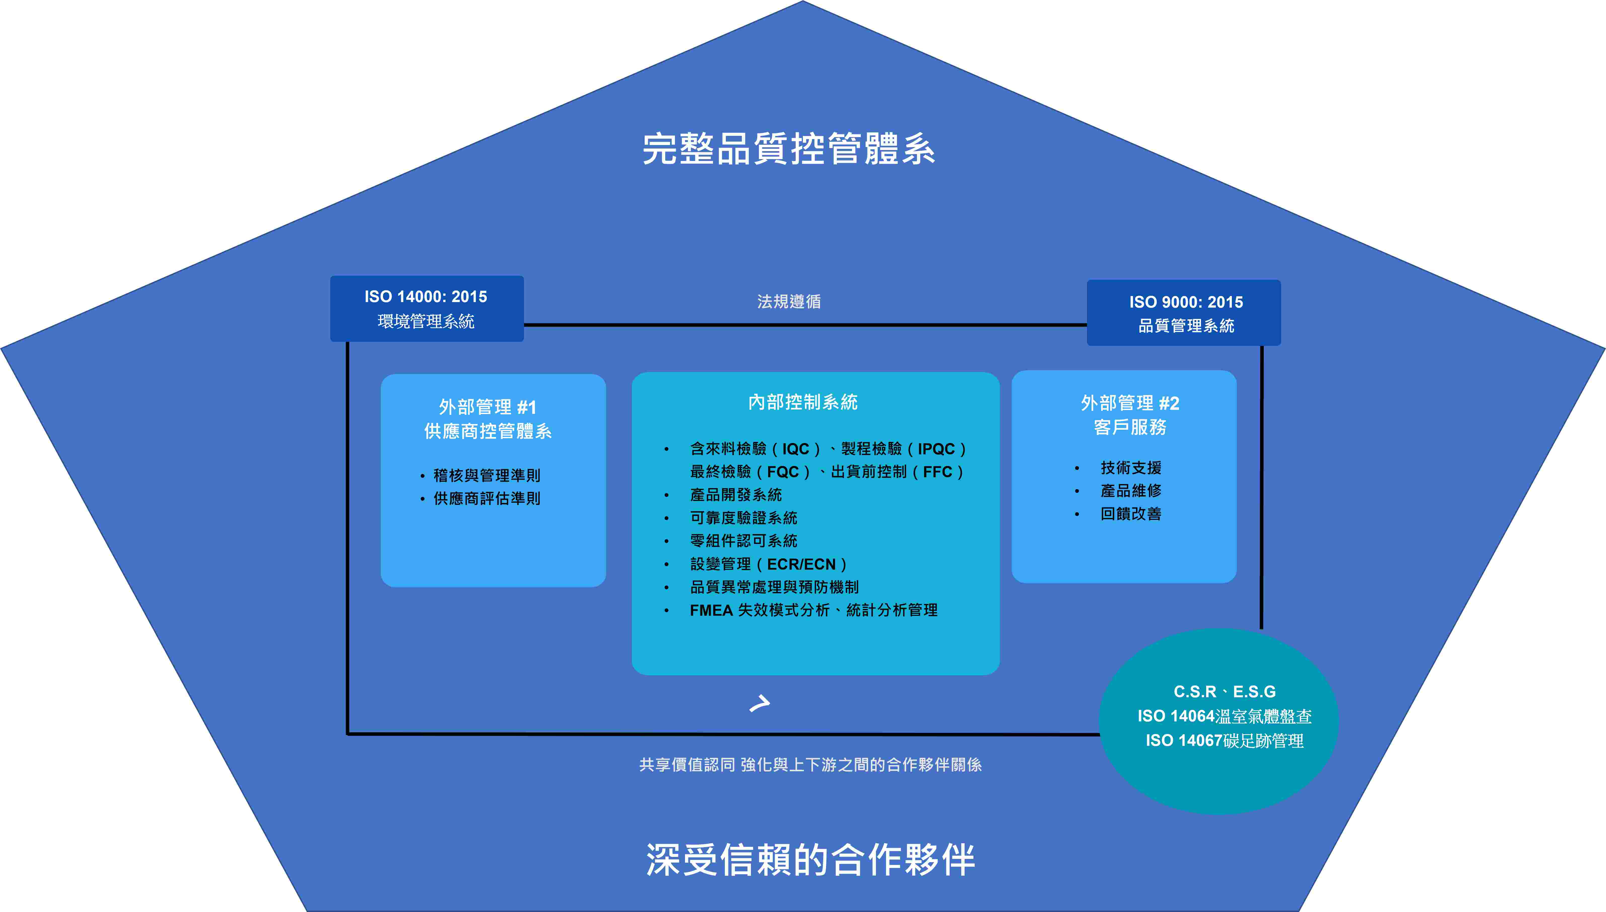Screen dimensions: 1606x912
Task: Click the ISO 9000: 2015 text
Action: [x=1185, y=302]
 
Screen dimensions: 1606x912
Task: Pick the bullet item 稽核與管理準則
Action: [x=487, y=476]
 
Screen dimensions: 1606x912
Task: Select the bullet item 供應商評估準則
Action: [x=487, y=499]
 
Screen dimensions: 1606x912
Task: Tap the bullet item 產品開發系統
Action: [x=736, y=495]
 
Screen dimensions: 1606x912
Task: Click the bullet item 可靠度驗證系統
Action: [x=743, y=518]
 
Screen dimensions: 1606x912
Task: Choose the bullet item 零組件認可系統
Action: [x=743, y=540]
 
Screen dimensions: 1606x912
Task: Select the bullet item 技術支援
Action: [x=1131, y=468]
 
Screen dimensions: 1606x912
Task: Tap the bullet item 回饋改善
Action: [x=1131, y=514]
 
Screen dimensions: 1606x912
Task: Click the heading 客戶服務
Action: [x=1130, y=427]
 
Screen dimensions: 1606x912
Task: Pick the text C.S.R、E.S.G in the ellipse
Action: [x=1224, y=691]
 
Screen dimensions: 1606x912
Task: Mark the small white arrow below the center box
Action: [x=760, y=703]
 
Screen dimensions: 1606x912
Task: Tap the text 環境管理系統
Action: [x=425, y=321]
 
